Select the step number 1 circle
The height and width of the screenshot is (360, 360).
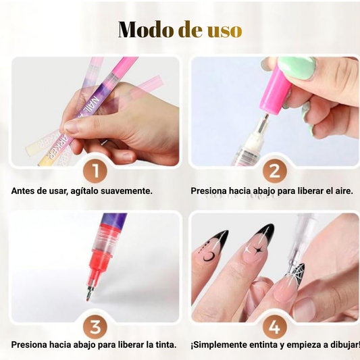point(95,168)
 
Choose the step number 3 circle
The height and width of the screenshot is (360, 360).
point(95,328)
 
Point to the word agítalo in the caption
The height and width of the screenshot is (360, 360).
point(84,191)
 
